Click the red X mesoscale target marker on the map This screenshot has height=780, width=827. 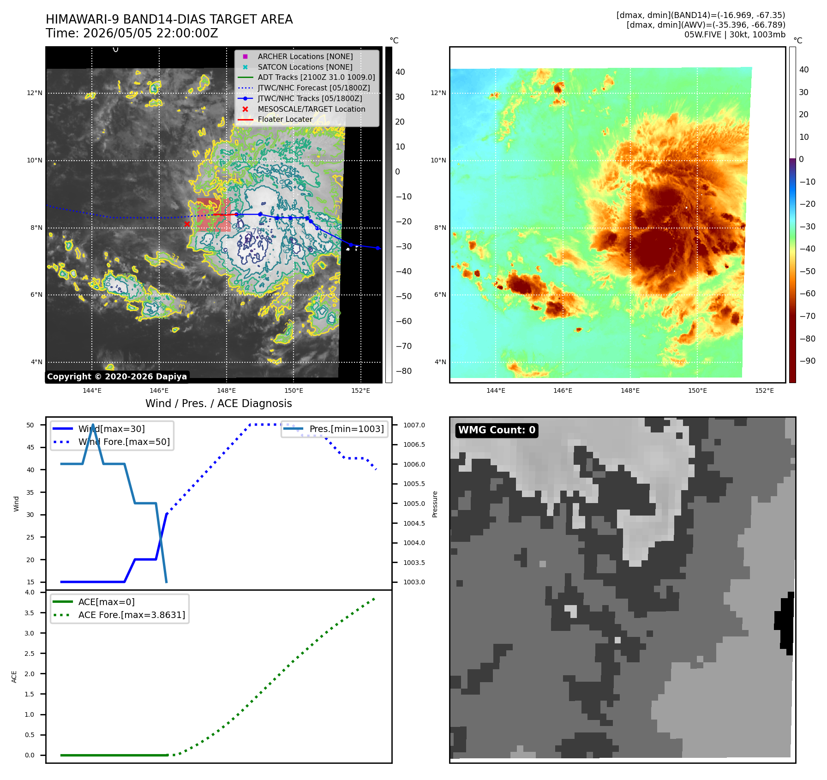(x=187, y=224)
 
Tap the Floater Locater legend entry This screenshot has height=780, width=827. (x=276, y=120)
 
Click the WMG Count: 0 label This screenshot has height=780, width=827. (x=497, y=430)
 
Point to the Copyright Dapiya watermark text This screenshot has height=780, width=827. (x=117, y=377)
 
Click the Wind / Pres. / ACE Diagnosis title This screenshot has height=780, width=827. (x=219, y=403)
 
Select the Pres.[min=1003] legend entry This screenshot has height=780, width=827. (x=334, y=429)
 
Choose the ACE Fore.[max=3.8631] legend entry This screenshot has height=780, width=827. (x=119, y=615)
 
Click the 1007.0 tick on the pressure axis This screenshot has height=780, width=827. (x=414, y=425)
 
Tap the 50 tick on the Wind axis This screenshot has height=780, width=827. (x=30, y=425)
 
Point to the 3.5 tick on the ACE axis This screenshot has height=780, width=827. (x=30, y=613)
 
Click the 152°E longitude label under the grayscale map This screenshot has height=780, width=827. (x=360, y=390)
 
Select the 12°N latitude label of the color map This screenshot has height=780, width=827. (x=438, y=93)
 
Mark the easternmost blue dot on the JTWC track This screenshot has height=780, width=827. (x=378, y=248)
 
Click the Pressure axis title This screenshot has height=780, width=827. (x=435, y=504)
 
